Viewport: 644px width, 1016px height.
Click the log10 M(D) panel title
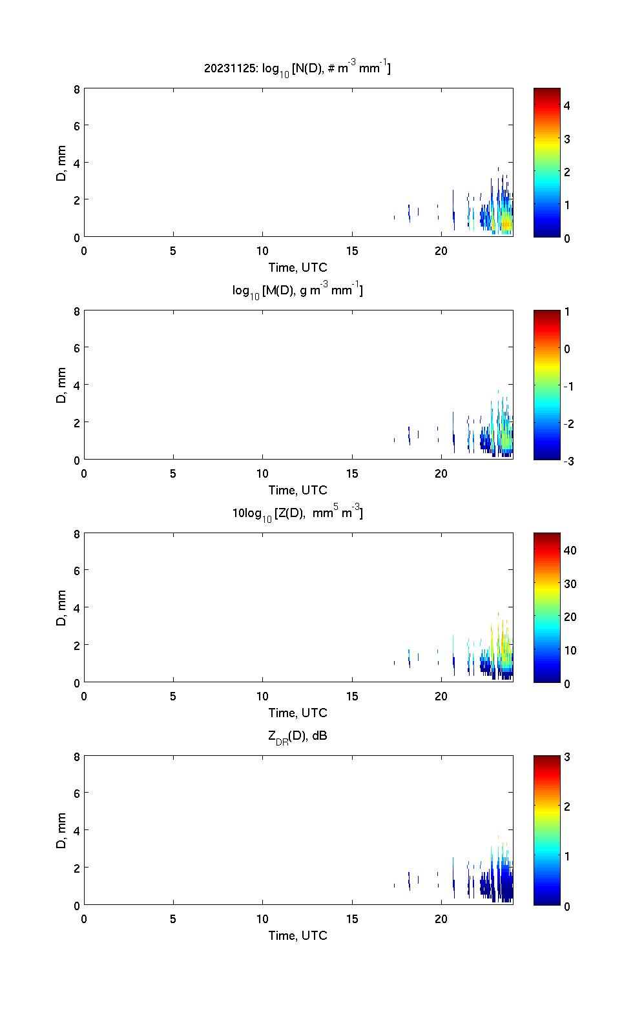[297, 291]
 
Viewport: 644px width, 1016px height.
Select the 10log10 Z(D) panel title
[297, 514]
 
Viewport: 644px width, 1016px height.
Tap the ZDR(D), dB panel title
[297, 736]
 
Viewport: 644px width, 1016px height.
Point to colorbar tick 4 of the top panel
[566, 105]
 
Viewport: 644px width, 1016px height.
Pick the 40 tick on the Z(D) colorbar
[570, 551]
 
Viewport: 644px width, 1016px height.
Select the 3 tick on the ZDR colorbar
[566, 757]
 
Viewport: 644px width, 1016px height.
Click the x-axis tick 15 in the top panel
[351, 251]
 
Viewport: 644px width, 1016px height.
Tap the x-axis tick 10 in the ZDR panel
[262, 919]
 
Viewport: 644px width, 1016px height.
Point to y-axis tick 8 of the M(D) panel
[76, 311]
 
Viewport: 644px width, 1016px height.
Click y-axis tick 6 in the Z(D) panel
[76, 571]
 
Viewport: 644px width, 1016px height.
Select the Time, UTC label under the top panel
[298, 267]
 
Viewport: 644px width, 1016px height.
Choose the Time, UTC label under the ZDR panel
[298, 935]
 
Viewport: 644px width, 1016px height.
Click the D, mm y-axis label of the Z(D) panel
[62, 607]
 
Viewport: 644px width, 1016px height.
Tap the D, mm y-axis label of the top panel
[62, 163]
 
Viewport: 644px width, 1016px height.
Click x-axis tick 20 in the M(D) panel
[441, 474]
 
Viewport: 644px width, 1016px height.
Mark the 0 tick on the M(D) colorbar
[566, 349]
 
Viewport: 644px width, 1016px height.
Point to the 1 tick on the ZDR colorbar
[566, 856]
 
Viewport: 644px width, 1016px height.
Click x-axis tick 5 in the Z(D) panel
[173, 696]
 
